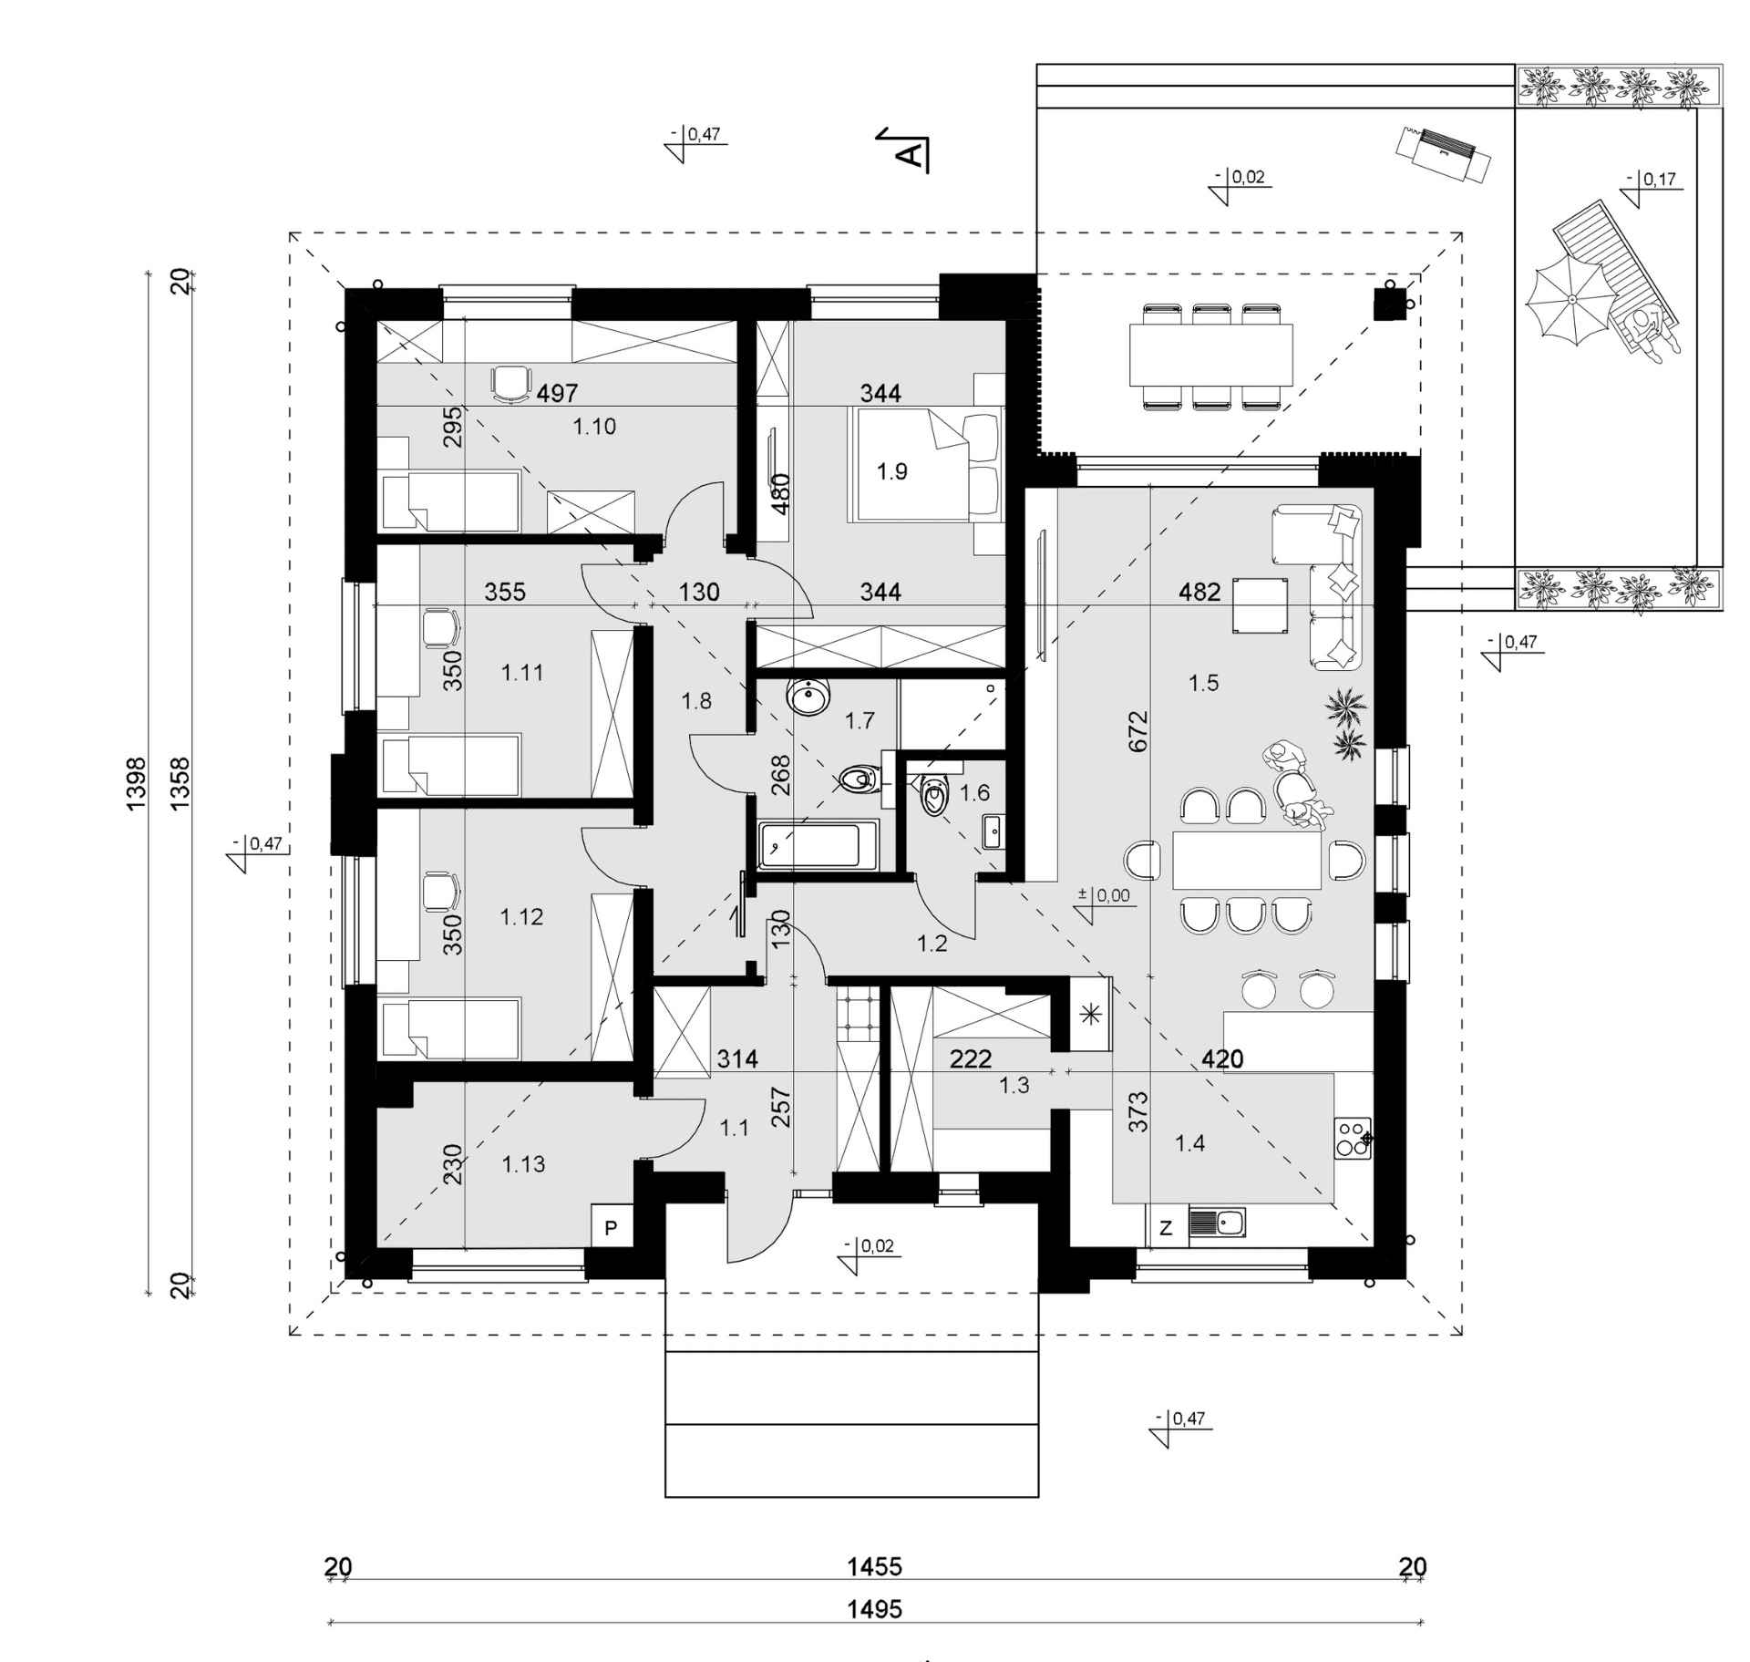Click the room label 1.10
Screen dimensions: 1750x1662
[594, 426]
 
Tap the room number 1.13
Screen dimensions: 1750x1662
[523, 1164]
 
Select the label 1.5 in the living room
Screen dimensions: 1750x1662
[1203, 683]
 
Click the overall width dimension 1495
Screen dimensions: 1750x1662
[875, 1609]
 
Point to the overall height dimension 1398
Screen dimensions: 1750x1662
[136, 783]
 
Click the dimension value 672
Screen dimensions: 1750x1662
[1138, 731]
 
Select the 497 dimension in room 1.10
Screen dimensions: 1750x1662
[557, 393]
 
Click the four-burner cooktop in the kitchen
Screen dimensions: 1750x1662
[1353, 1138]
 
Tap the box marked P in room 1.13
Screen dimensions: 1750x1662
[611, 1228]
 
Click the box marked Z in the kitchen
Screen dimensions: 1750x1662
[1166, 1228]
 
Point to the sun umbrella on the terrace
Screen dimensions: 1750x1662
[1571, 300]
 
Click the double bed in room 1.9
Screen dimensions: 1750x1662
[924, 465]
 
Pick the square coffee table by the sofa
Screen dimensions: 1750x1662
[1261, 604]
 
